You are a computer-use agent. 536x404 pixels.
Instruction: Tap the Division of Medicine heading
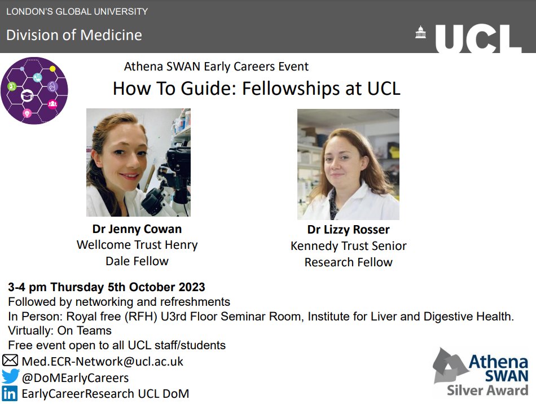point(74,35)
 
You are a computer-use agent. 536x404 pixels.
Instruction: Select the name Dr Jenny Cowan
point(137,229)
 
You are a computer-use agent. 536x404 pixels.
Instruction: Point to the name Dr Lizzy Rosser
point(348,230)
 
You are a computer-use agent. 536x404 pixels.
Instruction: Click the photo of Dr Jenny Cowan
point(138,163)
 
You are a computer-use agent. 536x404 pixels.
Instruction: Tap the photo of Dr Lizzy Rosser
point(348,164)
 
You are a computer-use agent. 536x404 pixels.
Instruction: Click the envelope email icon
point(10,361)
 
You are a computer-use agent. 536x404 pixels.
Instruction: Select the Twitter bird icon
point(10,377)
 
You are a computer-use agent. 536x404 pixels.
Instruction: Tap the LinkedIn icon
point(10,393)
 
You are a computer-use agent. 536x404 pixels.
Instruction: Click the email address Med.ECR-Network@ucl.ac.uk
point(102,361)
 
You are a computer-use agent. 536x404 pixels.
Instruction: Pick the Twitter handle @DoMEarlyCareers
point(75,377)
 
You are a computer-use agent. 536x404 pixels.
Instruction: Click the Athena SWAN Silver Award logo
point(481,372)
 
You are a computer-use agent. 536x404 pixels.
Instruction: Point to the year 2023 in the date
point(192,287)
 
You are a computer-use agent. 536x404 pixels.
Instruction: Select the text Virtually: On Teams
point(60,331)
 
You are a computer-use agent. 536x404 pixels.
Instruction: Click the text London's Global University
point(77,11)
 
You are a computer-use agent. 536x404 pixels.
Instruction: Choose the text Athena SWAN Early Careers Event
point(216,67)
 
